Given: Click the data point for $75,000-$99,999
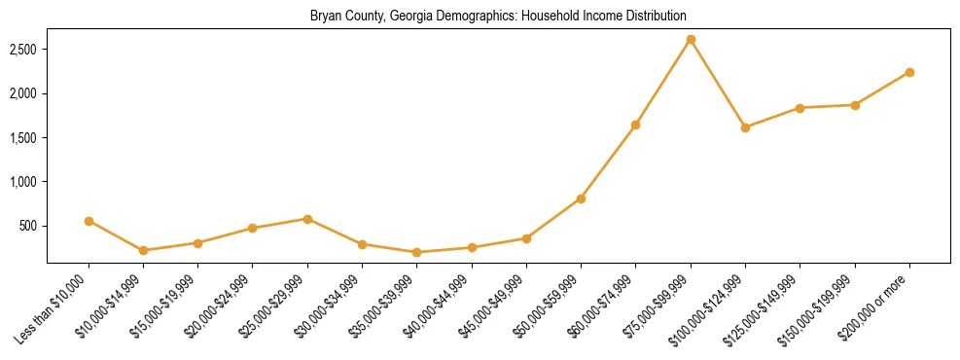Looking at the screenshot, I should click(x=691, y=40).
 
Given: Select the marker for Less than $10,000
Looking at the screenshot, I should click(x=89, y=221).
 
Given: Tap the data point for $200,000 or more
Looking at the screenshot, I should click(x=909, y=72).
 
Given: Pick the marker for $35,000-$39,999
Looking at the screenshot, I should click(x=417, y=252).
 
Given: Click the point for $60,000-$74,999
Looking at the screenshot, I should click(x=635, y=125).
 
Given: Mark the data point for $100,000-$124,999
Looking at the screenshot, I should click(x=745, y=127).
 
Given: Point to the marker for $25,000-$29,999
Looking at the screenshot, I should click(x=307, y=219).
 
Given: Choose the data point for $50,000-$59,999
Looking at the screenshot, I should click(x=581, y=198).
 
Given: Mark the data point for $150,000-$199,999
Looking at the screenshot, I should click(x=855, y=105).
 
